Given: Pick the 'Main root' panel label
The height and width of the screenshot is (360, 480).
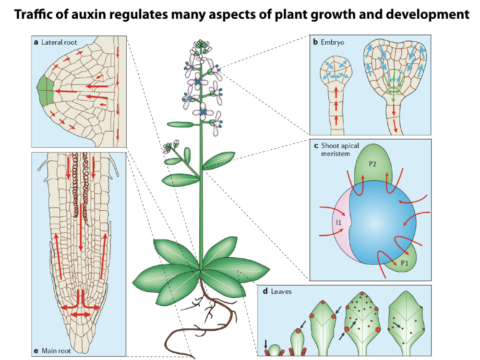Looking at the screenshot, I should click(56, 351).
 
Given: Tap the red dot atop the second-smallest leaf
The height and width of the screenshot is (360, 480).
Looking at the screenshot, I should click(298, 331).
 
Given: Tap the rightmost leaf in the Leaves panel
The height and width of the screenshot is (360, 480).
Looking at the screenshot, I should click(408, 322).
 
